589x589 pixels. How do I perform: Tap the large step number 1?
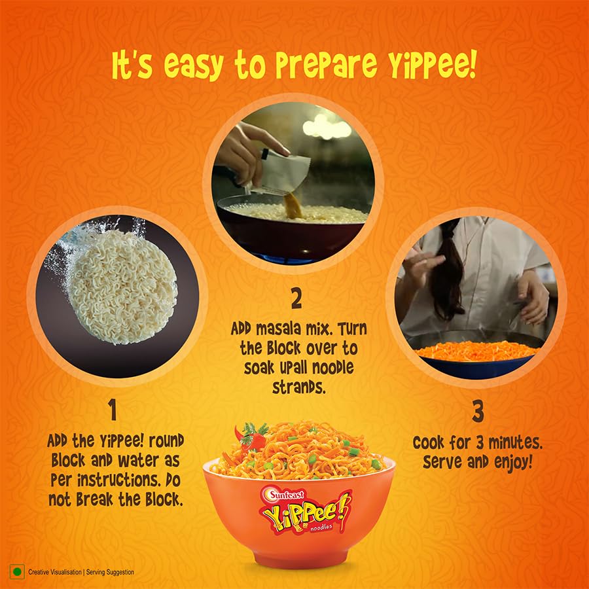coord(113,410)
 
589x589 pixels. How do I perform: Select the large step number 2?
coord(296,299)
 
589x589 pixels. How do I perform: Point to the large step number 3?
coord(478,412)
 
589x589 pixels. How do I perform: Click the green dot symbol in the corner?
coord(17,571)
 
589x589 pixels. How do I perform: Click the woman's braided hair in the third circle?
coord(448,275)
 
